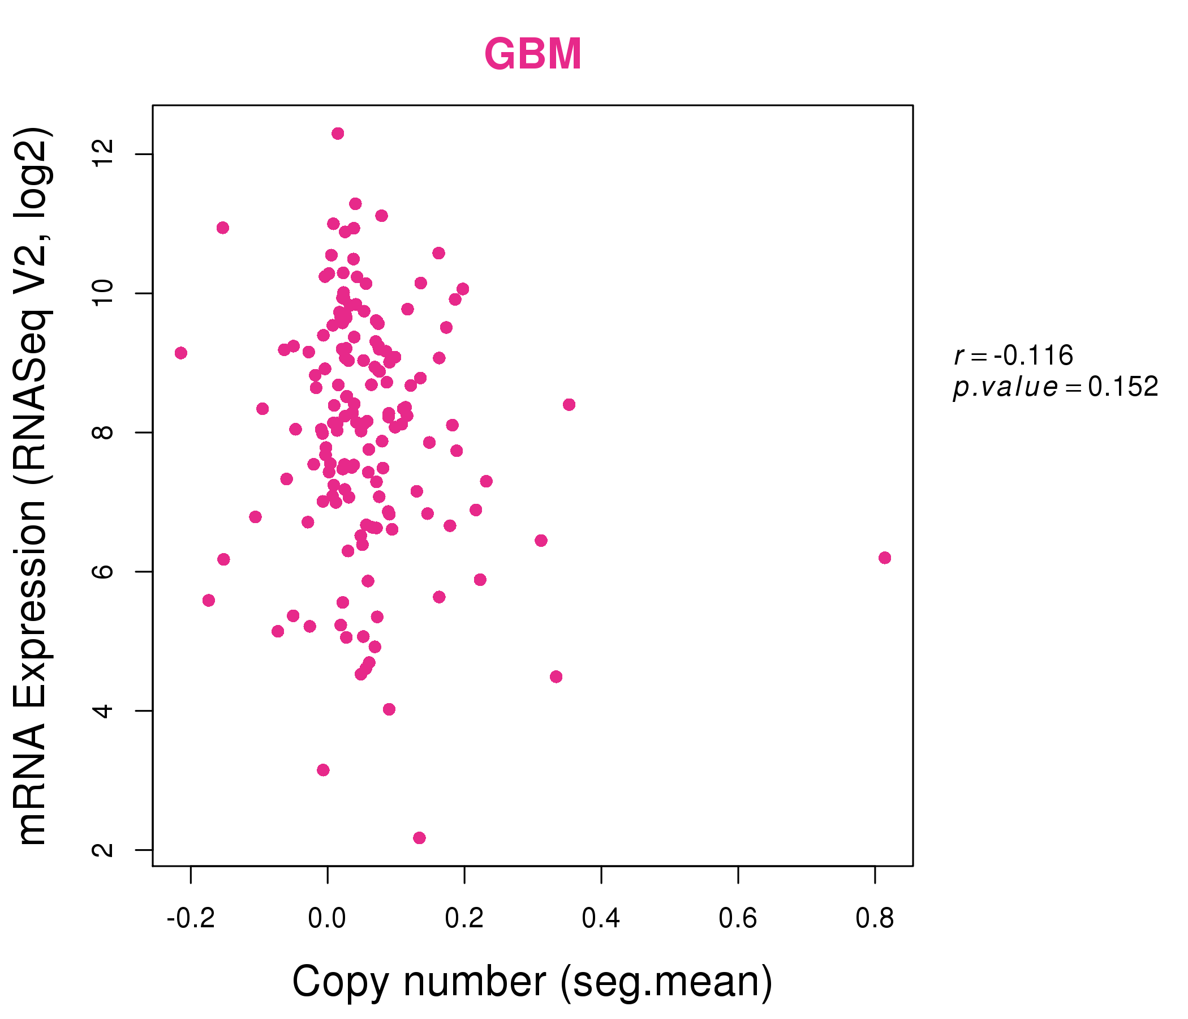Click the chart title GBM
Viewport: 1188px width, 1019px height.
[x=533, y=54]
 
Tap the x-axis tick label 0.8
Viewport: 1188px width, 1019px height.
[x=875, y=919]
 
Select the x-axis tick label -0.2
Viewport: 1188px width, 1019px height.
[x=190, y=919]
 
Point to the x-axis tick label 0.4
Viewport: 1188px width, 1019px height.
[x=601, y=919]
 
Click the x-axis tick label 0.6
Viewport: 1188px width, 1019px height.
[x=738, y=919]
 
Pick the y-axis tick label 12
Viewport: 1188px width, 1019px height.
[x=104, y=155]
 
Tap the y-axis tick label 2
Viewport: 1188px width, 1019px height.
[x=104, y=850]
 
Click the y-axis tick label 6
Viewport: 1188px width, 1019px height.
[x=104, y=571]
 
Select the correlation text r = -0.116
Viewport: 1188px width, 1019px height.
[x=1013, y=356]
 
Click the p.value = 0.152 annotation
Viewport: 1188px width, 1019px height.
[x=1056, y=387]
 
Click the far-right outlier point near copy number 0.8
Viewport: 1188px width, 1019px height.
[x=885, y=558]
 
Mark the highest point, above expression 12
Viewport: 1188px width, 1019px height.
[x=338, y=134]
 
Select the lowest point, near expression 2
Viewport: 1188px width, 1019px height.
[x=419, y=838]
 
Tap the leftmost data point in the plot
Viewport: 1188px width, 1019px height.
[x=180, y=353]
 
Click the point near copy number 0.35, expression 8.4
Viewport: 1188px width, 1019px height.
[x=569, y=405]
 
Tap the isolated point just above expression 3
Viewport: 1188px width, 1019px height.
[x=323, y=769]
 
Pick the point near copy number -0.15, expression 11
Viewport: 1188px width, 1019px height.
[x=222, y=228]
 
